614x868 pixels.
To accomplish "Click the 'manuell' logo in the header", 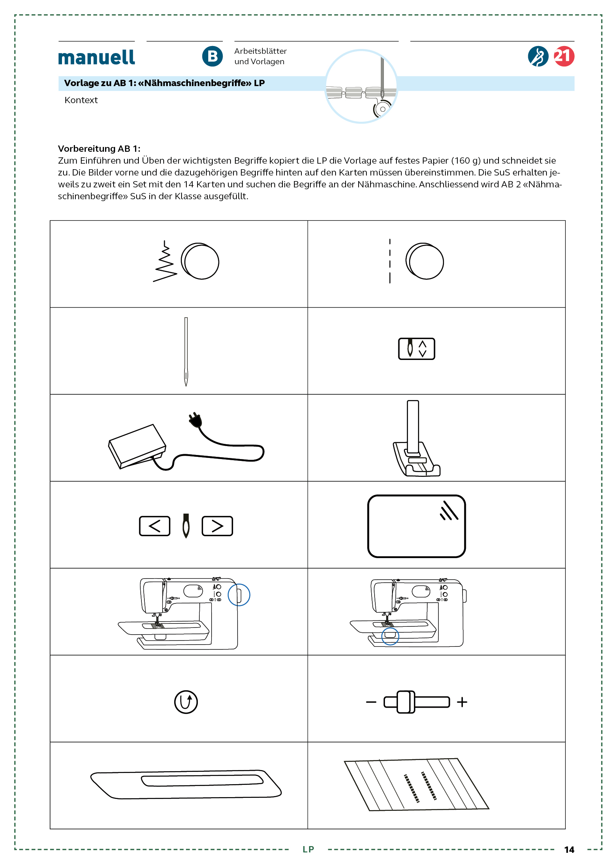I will (x=97, y=58).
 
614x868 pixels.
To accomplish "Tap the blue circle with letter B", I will (x=212, y=56).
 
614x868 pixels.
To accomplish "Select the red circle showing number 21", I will (x=564, y=56).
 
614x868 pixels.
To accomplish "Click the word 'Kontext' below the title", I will (x=81, y=100).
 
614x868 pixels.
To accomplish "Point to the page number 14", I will (x=569, y=849).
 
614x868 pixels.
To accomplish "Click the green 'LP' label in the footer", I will (x=308, y=849).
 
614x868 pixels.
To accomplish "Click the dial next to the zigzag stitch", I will (x=200, y=261).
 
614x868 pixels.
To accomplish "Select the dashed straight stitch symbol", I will (x=389, y=261).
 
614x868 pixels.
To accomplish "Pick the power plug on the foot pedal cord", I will (x=195, y=420).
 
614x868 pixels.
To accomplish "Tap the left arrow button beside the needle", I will (x=155, y=525).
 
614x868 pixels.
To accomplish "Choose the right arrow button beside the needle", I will (x=217, y=525).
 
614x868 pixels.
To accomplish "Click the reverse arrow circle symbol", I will (x=186, y=702).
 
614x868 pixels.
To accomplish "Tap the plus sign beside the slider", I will (x=462, y=702).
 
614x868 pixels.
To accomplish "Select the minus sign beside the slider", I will (x=371, y=702).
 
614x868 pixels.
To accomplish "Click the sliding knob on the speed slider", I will (x=406, y=702).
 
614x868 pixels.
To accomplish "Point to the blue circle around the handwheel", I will (x=239, y=595).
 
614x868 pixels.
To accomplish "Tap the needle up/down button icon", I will (x=416, y=348).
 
